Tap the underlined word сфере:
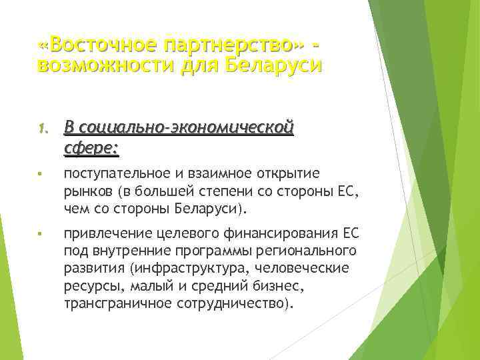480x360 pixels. point(91,148)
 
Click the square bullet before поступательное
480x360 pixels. point(41,175)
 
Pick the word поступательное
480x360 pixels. point(119,174)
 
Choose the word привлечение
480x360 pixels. point(105,234)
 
